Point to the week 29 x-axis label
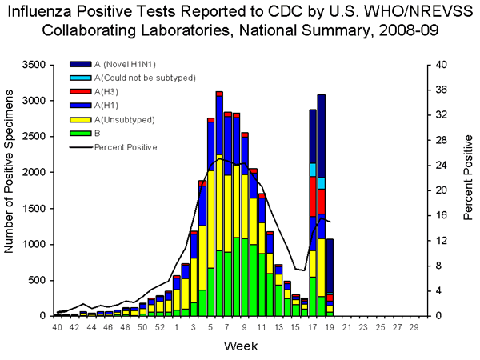414,327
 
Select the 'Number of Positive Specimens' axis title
11,189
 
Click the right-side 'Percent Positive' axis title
468,190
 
